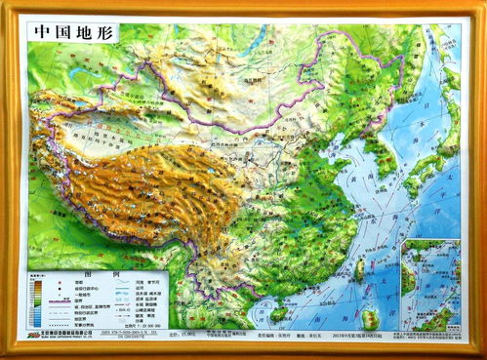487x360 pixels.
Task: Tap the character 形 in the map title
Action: (x=105, y=30)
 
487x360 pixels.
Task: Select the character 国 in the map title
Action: (x=63, y=30)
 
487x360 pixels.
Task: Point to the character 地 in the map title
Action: (x=85, y=30)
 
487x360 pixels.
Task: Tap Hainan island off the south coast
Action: (x=279, y=312)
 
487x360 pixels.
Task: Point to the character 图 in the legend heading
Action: (x=90, y=274)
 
